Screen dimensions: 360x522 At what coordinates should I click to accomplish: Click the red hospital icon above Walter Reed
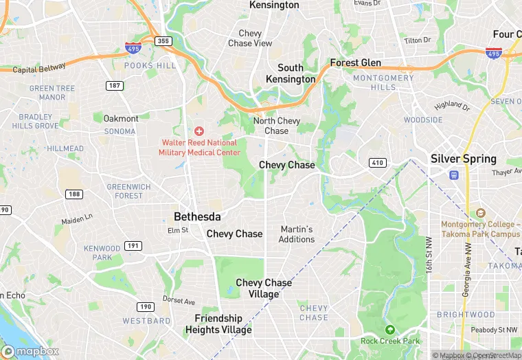click(x=199, y=131)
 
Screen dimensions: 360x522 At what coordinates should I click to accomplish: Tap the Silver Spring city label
click(x=463, y=159)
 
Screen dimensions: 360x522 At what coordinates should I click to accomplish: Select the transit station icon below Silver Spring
click(x=453, y=175)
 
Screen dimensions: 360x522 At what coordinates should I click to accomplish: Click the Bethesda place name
click(x=197, y=216)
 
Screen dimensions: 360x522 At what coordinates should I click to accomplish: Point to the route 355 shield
click(x=162, y=41)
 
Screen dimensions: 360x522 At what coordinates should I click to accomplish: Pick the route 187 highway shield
click(x=115, y=85)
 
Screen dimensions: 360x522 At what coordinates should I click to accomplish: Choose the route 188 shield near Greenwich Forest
click(x=74, y=194)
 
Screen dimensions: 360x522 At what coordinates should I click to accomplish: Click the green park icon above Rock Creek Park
click(x=390, y=330)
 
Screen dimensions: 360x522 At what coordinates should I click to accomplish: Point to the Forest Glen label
click(x=355, y=63)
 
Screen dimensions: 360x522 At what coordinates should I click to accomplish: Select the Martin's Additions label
click(x=297, y=234)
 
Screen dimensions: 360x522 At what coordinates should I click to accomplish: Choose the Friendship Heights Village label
click(x=218, y=324)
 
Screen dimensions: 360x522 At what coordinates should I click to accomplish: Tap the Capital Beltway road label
click(x=39, y=68)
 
